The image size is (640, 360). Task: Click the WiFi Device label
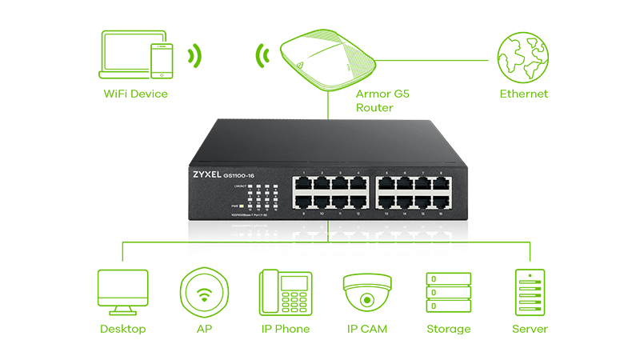coord(136,94)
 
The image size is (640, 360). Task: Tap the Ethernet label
coord(524,94)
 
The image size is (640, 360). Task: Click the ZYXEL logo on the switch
coord(210,173)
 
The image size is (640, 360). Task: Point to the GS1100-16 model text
coord(251,173)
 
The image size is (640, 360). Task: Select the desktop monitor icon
coord(122,291)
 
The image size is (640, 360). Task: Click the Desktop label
coord(122,329)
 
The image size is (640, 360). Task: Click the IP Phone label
coord(285,329)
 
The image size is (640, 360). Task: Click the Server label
coord(530,329)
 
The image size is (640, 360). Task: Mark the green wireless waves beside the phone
coord(194,57)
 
